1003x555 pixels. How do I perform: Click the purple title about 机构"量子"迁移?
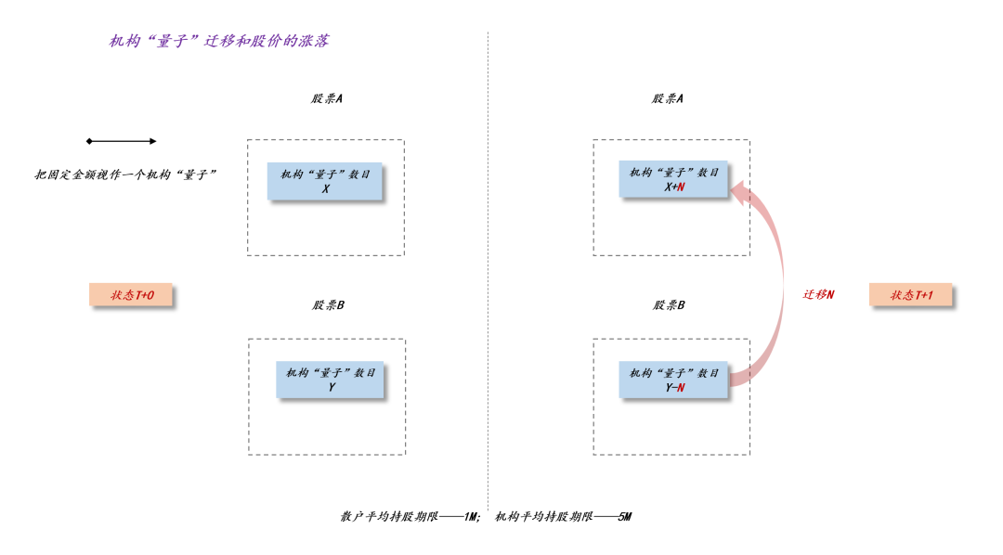tap(218, 41)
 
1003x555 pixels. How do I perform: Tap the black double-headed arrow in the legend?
tap(122, 141)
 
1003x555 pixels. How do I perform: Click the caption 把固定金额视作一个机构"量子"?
tap(125, 174)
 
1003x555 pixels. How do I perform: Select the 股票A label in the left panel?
tap(327, 98)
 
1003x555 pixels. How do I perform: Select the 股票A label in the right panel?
tap(667, 98)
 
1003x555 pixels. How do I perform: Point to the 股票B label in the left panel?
tap(328, 304)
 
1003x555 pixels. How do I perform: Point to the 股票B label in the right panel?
tap(668, 304)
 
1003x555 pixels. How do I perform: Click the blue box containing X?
tap(325, 181)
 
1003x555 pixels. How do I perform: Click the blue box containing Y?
tap(330, 380)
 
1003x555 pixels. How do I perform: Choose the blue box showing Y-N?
tap(673, 380)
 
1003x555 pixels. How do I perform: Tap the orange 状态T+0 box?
tap(131, 295)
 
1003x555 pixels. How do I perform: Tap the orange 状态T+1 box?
tap(910, 295)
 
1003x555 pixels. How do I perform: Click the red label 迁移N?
tap(818, 294)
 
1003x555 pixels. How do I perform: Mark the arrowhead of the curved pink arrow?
tap(737, 191)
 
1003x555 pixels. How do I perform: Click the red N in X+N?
tap(681, 187)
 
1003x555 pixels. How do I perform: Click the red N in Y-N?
tap(681, 388)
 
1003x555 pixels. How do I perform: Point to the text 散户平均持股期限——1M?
tap(410, 516)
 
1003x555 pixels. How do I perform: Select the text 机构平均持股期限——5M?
tap(563, 516)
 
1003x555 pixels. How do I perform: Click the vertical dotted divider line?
tap(488, 278)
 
